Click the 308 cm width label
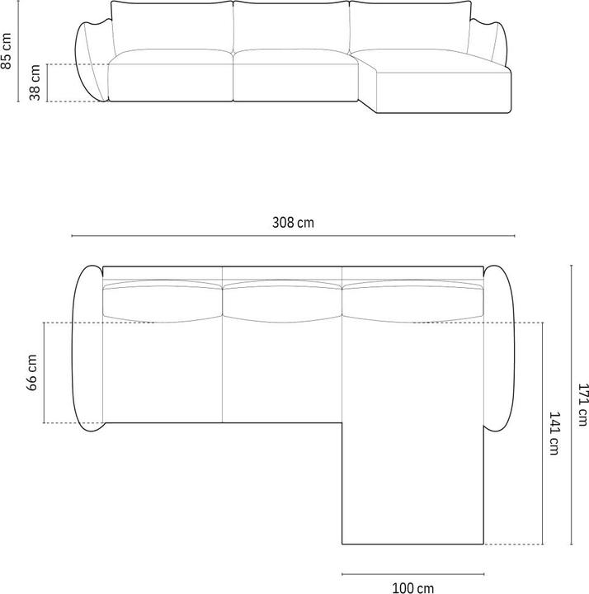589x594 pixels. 293,222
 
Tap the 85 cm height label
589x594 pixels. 7,51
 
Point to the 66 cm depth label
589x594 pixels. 32,372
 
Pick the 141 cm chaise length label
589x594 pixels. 554,434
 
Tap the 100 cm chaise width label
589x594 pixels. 412,587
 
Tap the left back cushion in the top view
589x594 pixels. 163,300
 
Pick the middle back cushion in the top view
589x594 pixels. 282,300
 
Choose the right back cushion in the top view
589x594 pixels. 411,300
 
